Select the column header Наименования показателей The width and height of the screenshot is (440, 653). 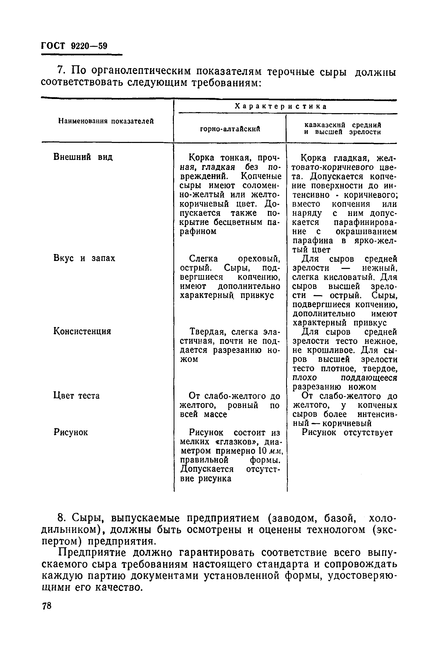coord(106,121)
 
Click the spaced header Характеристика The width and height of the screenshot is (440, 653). coord(281,106)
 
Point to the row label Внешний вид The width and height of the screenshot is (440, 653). coord(83,157)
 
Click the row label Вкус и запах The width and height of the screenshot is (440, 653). coord(84,258)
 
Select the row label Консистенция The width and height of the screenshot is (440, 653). coord(82,331)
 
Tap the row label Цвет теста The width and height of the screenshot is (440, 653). coord(76,396)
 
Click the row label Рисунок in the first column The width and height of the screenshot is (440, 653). coord(70,432)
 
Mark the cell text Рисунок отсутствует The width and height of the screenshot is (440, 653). coord(347,432)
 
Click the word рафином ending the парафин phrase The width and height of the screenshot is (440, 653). coord(198,231)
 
